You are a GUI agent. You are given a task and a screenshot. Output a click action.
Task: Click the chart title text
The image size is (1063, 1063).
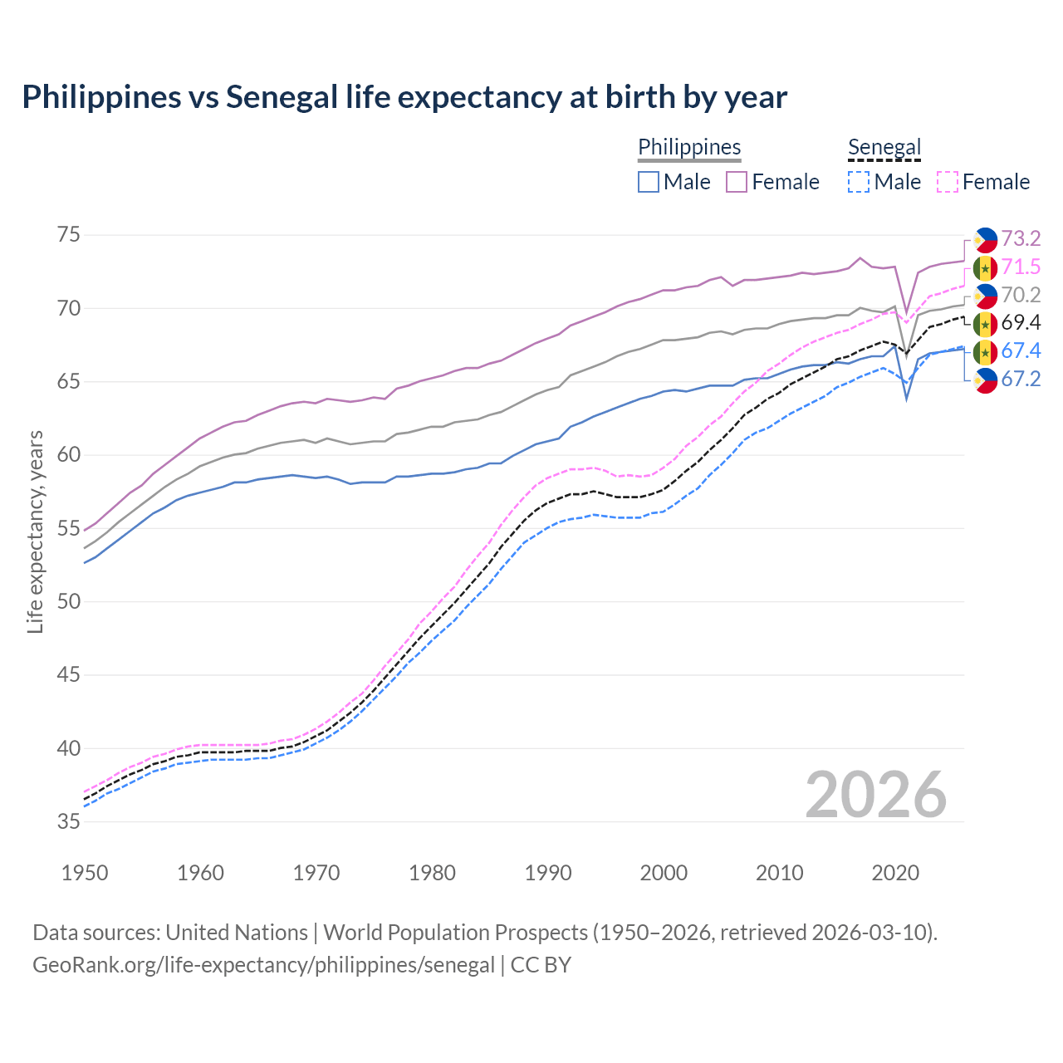pyautogui.click(x=404, y=97)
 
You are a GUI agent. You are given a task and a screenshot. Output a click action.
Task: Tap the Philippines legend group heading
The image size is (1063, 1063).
pyautogui.click(x=689, y=147)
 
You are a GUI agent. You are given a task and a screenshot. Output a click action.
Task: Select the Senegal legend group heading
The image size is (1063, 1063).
pyautogui.click(x=884, y=147)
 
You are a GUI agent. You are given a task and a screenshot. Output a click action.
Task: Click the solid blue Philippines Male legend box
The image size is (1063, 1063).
pyautogui.click(x=649, y=182)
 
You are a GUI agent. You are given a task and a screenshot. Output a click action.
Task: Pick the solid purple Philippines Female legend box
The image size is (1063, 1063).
pyautogui.click(x=737, y=182)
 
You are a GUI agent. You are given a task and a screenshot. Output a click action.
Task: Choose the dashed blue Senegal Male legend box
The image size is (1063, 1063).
pyautogui.click(x=859, y=182)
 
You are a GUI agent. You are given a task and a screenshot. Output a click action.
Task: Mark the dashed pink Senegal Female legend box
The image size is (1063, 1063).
pyautogui.click(x=948, y=182)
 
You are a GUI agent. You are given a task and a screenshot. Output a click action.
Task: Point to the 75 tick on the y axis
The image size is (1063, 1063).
pyautogui.click(x=69, y=235)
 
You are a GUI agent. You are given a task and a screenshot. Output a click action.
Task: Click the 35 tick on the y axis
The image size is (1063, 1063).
pyautogui.click(x=69, y=821)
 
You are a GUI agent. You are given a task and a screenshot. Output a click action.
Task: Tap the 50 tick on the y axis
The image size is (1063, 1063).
pyautogui.click(x=69, y=601)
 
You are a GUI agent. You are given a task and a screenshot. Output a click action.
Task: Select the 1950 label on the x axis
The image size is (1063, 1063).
pyautogui.click(x=85, y=873)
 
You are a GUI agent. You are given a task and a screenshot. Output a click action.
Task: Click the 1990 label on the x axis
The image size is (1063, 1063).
pyautogui.click(x=548, y=873)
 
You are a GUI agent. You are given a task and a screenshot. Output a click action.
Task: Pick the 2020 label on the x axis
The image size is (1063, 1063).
pyautogui.click(x=895, y=873)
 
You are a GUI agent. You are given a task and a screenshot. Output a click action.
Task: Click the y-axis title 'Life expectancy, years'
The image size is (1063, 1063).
pyautogui.click(x=35, y=531)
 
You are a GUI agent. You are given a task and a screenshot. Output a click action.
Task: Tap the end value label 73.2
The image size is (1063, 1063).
pyautogui.click(x=1021, y=239)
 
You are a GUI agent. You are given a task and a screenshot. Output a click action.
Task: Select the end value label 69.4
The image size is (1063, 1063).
pyautogui.click(x=1021, y=323)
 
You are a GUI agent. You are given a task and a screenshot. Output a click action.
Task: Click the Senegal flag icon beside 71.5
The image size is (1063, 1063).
pyautogui.click(x=985, y=267)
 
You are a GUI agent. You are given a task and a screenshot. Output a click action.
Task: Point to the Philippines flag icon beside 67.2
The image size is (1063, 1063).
pyautogui.click(x=985, y=380)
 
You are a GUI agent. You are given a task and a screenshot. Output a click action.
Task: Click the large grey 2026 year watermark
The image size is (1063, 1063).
pyautogui.click(x=876, y=795)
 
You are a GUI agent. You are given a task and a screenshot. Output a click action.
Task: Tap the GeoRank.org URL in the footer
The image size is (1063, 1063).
pyautogui.click(x=263, y=965)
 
